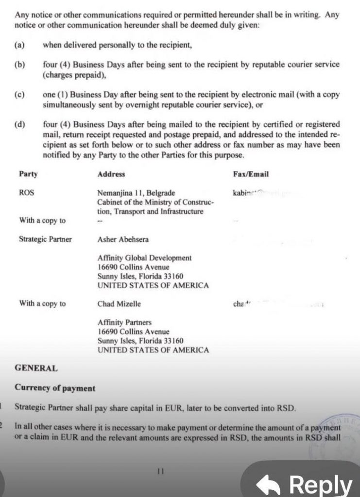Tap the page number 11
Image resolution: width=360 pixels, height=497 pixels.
coord(161,470)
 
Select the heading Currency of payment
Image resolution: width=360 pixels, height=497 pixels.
coord(55,388)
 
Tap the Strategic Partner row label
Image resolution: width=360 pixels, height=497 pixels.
coord(45,239)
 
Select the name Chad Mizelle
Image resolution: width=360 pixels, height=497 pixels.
coord(120,304)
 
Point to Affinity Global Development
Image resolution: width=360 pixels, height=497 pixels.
coord(144,258)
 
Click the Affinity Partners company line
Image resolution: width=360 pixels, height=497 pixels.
coord(124,322)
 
